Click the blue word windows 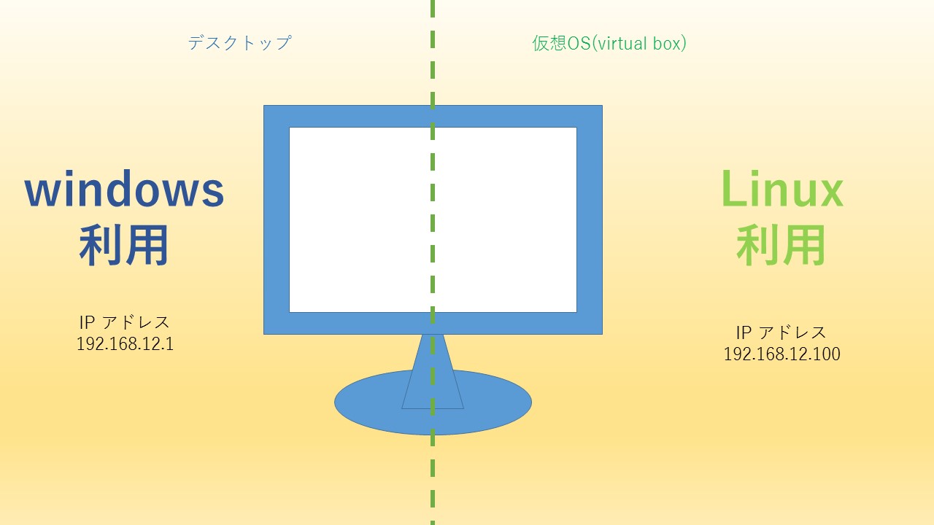[124, 189]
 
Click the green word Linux [783, 189]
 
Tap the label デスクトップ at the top [240, 43]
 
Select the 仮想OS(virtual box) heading [609, 43]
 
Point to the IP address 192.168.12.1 [125, 343]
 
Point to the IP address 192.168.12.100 [781, 354]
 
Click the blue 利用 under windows [124, 244]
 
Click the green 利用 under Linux [781, 244]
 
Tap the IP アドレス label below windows [124, 322]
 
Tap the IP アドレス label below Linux [781, 332]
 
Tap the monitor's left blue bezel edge [277, 219]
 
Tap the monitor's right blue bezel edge [590, 219]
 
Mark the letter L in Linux [734, 188]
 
